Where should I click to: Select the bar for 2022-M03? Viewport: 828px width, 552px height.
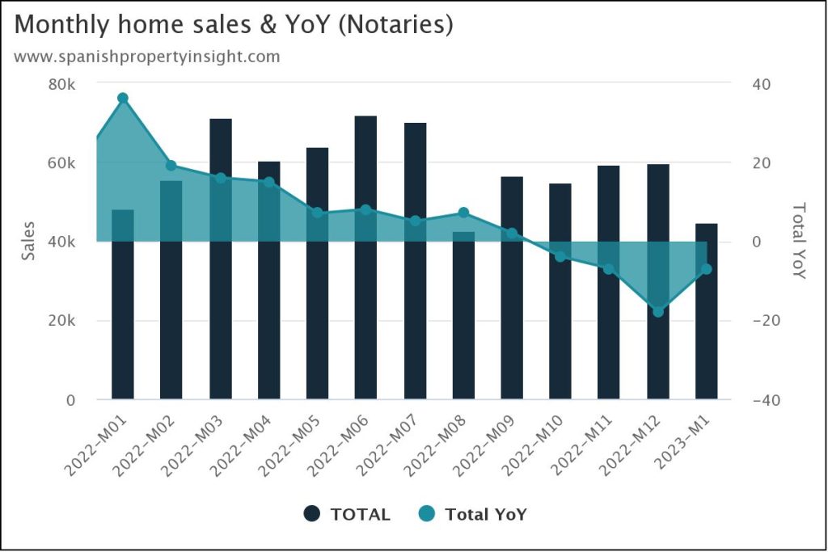[x=221, y=259]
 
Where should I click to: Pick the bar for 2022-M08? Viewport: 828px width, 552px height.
[x=463, y=315]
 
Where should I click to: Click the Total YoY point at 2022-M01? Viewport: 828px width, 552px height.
[x=123, y=98]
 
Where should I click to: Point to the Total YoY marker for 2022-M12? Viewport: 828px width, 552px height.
[x=658, y=311]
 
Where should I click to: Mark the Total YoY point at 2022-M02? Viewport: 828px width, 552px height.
[x=171, y=166]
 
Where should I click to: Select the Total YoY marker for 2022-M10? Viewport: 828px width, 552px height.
[x=560, y=256]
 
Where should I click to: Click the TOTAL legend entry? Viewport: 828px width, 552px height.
[x=347, y=514]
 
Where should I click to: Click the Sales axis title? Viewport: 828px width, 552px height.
[x=29, y=240]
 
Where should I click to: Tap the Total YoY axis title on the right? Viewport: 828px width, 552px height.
[x=798, y=241]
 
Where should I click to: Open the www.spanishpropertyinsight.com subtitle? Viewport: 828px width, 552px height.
[x=147, y=57]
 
